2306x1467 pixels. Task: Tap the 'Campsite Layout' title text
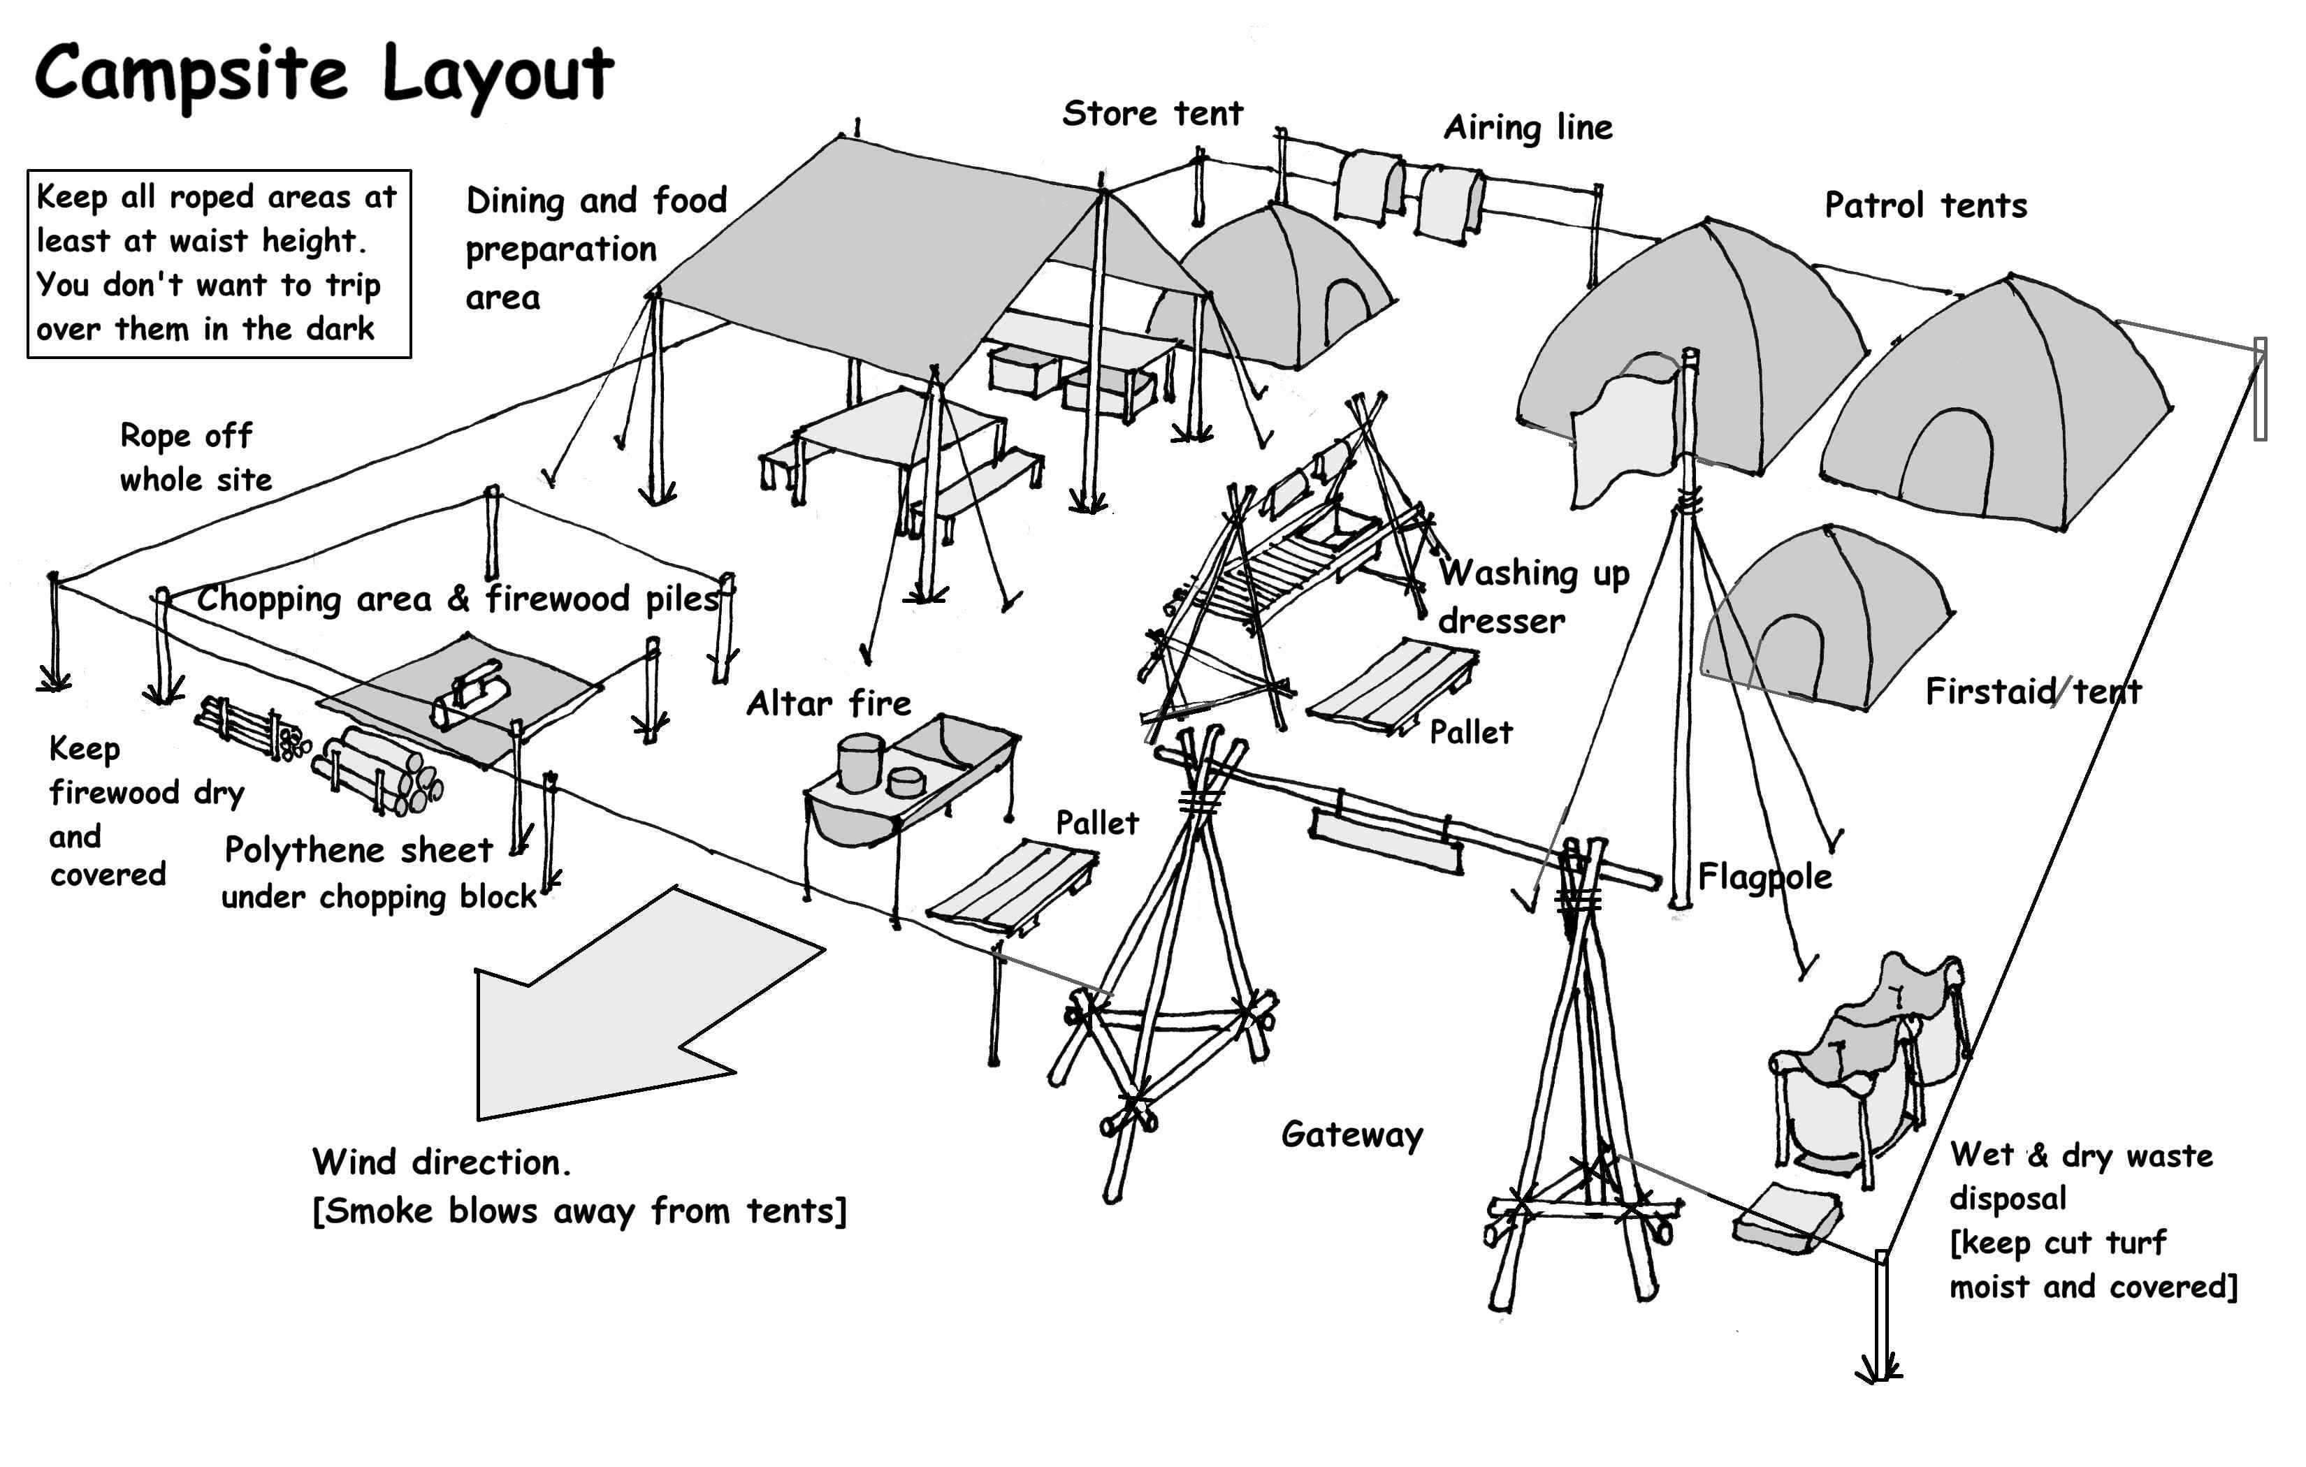tap(324, 75)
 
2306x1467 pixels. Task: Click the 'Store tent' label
tap(1152, 114)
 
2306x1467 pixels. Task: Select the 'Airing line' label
tap(1528, 127)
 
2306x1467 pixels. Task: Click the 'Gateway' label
tap(1351, 1134)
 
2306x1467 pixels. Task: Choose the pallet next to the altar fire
tap(1013, 886)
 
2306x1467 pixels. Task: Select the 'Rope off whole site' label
tap(194, 458)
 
